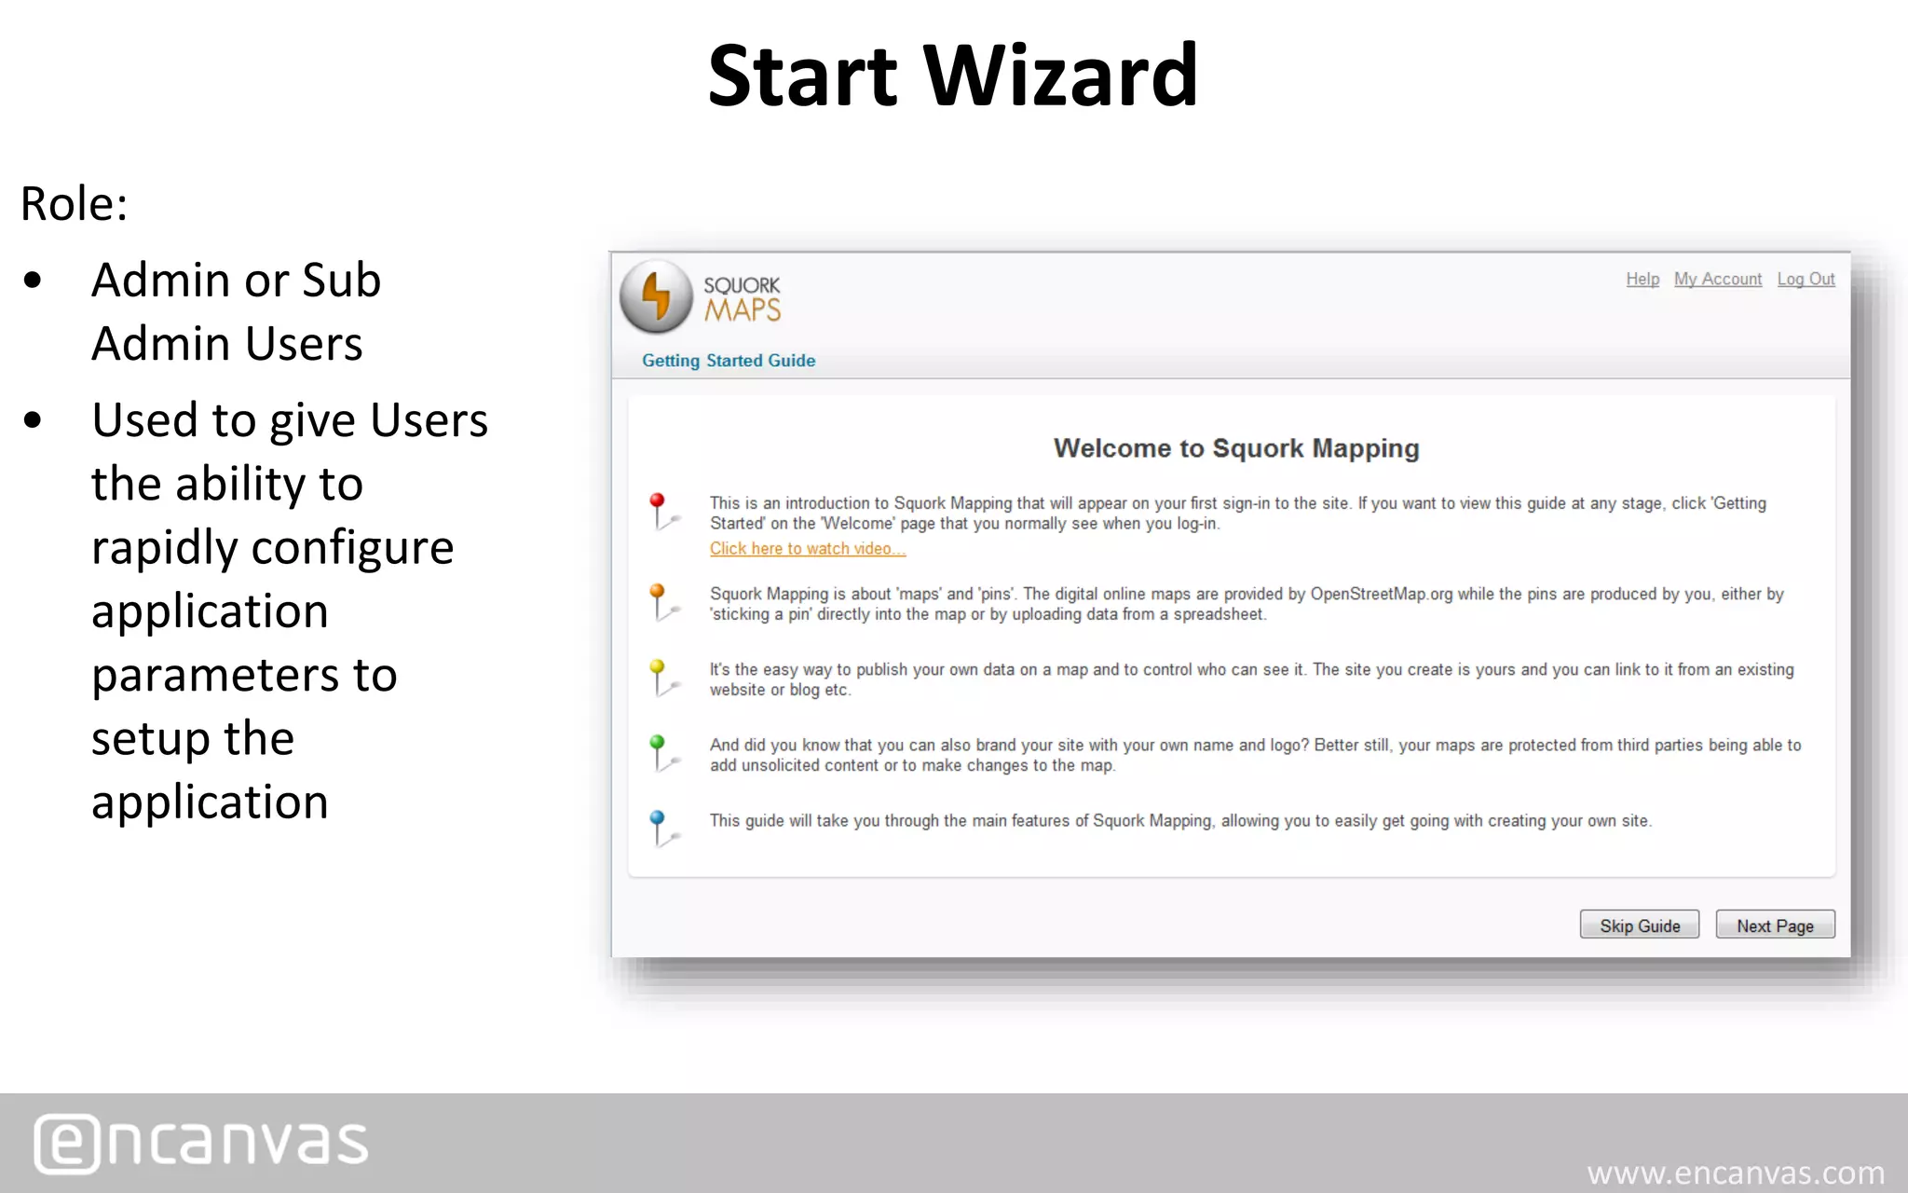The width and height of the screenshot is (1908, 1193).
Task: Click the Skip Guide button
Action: coord(1639,926)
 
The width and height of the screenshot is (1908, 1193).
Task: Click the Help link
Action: coord(1642,279)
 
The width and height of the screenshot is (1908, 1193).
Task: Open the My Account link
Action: coord(1717,279)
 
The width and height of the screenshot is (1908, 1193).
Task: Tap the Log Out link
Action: coord(1806,279)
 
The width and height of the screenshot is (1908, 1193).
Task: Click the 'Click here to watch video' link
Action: coord(807,549)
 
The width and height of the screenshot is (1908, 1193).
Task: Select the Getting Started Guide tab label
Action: coord(729,361)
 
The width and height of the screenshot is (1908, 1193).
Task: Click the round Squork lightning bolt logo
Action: coord(657,296)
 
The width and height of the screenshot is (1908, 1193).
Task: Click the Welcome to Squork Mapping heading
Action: coord(1236,448)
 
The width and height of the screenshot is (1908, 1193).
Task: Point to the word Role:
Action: coord(74,203)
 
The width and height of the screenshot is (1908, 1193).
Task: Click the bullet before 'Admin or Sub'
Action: coord(34,281)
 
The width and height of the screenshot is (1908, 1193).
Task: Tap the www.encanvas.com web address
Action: coord(1736,1172)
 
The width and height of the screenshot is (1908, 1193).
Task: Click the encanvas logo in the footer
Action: coord(201,1143)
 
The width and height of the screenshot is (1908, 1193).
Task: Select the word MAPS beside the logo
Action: coord(743,310)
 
